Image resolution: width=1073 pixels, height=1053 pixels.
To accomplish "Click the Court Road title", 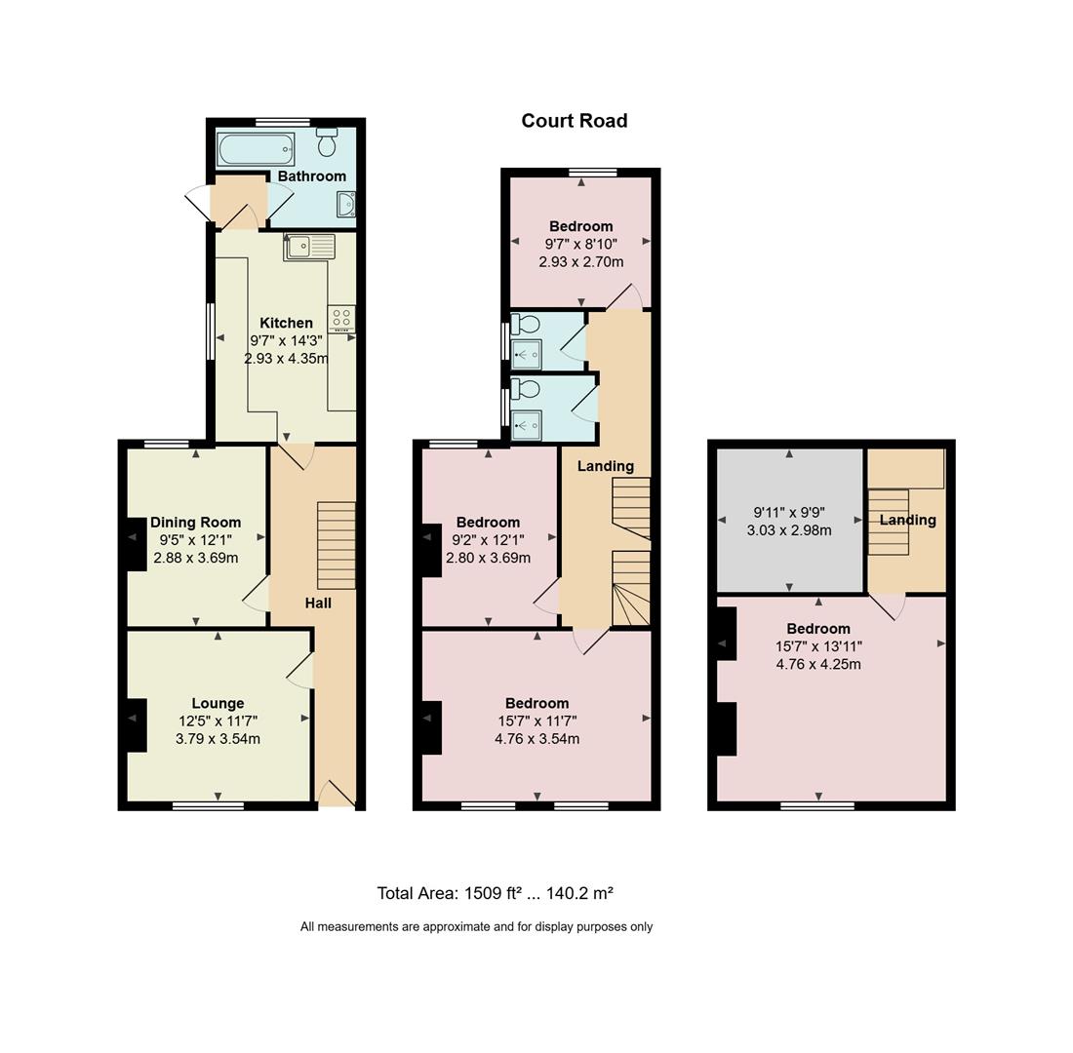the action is click(575, 121).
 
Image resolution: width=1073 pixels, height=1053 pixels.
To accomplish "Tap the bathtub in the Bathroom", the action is click(257, 149).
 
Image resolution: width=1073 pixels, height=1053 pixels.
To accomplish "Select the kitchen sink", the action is click(310, 247).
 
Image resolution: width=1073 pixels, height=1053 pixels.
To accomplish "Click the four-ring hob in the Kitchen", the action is click(341, 319).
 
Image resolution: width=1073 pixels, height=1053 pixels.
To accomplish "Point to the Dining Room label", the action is click(196, 523).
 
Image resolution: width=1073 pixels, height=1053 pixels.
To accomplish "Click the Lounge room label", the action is click(218, 703).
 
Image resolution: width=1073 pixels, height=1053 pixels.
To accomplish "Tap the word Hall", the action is click(318, 603).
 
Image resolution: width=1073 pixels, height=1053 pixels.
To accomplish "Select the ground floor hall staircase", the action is click(337, 545).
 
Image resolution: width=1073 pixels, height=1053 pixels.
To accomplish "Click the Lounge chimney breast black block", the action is click(137, 725).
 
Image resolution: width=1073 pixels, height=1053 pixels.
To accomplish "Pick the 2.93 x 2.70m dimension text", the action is click(581, 261).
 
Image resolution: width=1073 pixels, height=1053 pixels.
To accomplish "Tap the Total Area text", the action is click(495, 893).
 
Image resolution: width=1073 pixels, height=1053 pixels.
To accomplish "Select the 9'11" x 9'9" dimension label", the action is click(789, 512).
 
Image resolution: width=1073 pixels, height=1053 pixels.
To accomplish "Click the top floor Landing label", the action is click(907, 520).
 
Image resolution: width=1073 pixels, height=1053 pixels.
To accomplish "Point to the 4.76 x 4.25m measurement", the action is click(818, 664).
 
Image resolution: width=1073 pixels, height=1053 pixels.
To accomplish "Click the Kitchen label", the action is click(286, 323).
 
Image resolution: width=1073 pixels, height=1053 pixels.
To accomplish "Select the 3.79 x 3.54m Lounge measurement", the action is click(218, 739).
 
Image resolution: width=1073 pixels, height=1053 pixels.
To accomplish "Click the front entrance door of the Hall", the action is click(337, 794).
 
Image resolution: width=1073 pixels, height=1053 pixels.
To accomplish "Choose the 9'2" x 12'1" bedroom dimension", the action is click(488, 540).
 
